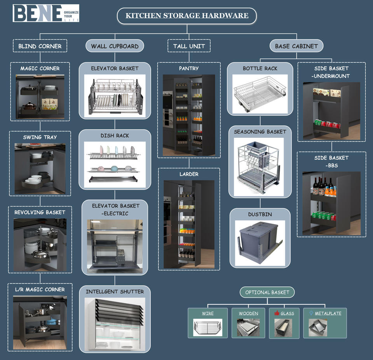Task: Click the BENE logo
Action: (x=46, y=13)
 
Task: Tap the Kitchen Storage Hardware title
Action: (x=187, y=16)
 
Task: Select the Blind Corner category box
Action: (x=40, y=46)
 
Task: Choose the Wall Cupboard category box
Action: (x=115, y=46)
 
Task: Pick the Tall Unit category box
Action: (x=189, y=46)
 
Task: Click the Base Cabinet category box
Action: (x=296, y=46)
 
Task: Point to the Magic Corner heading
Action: (x=40, y=68)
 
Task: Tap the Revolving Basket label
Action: (x=40, y=212)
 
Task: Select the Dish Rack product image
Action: (x=115, y=164)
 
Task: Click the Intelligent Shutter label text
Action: (x=115, y=292)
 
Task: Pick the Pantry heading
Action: (x=189, y=68)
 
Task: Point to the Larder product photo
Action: (x=189, y=224)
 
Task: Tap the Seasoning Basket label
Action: (x=260, y=132)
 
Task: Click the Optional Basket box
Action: (x=267, y=292)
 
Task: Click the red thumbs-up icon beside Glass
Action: (x=277, y=313)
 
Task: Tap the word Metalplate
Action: (x=328, y=313)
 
